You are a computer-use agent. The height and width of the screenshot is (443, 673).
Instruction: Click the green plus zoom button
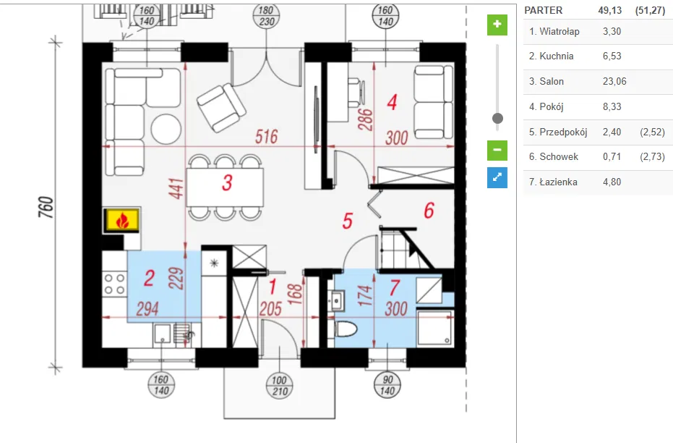tap(497, 25)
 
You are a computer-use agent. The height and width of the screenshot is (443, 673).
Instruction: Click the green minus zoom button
tap(497, 151)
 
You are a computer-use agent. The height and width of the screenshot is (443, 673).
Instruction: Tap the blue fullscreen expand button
tap(497, 177)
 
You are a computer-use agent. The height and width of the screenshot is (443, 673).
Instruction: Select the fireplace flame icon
tap(122, 220)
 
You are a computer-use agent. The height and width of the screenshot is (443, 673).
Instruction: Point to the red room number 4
tap(391, 102)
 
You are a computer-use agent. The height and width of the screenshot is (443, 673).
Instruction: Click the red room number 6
tap(429, 211)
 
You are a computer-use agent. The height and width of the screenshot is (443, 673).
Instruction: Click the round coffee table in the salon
tap(166, 129)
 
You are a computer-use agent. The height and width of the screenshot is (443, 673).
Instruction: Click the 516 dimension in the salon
tap(266, 138)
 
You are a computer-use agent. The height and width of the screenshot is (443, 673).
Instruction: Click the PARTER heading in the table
tap(543, 11)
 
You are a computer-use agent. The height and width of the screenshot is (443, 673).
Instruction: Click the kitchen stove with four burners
tap(115, 284)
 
